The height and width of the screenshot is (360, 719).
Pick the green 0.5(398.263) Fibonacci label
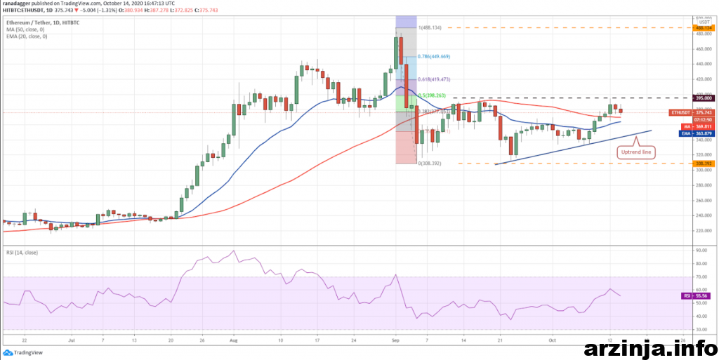click(x=433, y=95)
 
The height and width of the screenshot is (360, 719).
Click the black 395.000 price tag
click(x=703, y=98)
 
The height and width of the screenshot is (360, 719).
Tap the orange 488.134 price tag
click(x=703, y=28)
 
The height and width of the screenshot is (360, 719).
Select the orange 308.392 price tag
click(x=703, y=164)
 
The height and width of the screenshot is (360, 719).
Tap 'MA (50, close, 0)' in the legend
click(x=25, y=29)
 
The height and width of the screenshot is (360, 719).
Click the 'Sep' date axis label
click(x=395, y=339)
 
